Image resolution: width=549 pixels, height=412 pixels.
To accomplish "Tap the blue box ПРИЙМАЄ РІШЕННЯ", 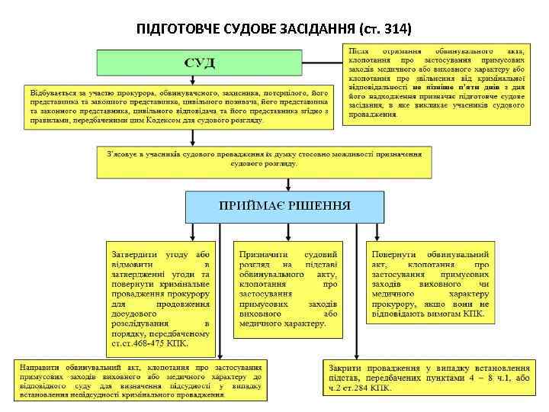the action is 285,206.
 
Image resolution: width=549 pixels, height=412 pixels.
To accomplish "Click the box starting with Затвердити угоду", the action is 161,298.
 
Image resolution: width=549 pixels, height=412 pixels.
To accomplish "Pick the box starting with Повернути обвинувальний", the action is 430,283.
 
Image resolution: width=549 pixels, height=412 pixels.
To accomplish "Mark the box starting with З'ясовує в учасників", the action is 262,159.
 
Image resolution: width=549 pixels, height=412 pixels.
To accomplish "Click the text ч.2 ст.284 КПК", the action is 359,388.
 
